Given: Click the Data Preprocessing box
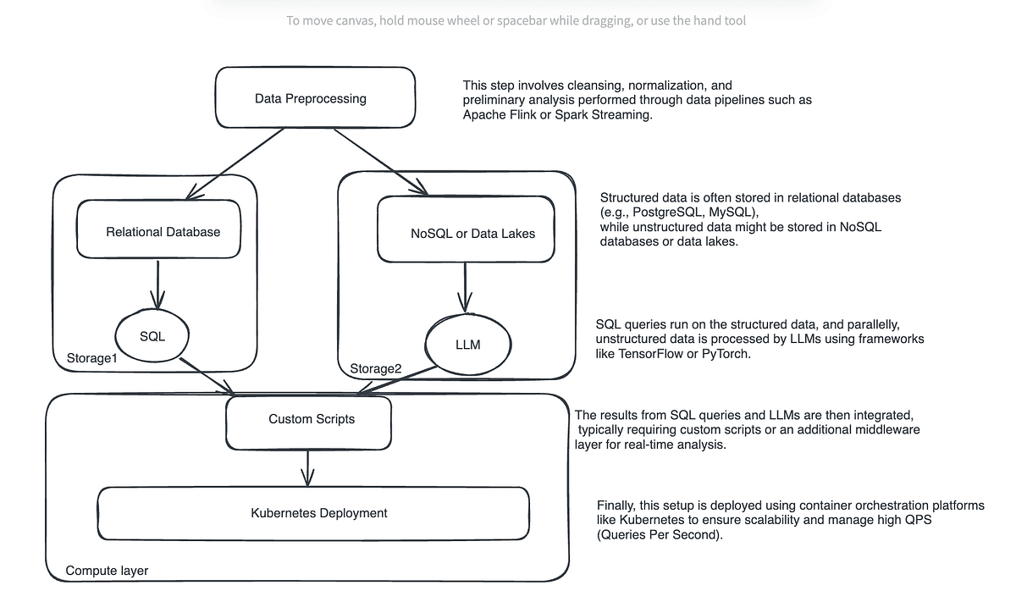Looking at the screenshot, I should [311, 98].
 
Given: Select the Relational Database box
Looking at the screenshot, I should [163, 231].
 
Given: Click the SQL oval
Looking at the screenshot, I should [152, 336].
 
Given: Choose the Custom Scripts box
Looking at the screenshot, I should [311, 419].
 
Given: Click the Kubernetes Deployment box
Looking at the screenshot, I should [319, 512].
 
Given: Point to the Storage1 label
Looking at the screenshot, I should [91, 358].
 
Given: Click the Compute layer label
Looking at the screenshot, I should [107, 571].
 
